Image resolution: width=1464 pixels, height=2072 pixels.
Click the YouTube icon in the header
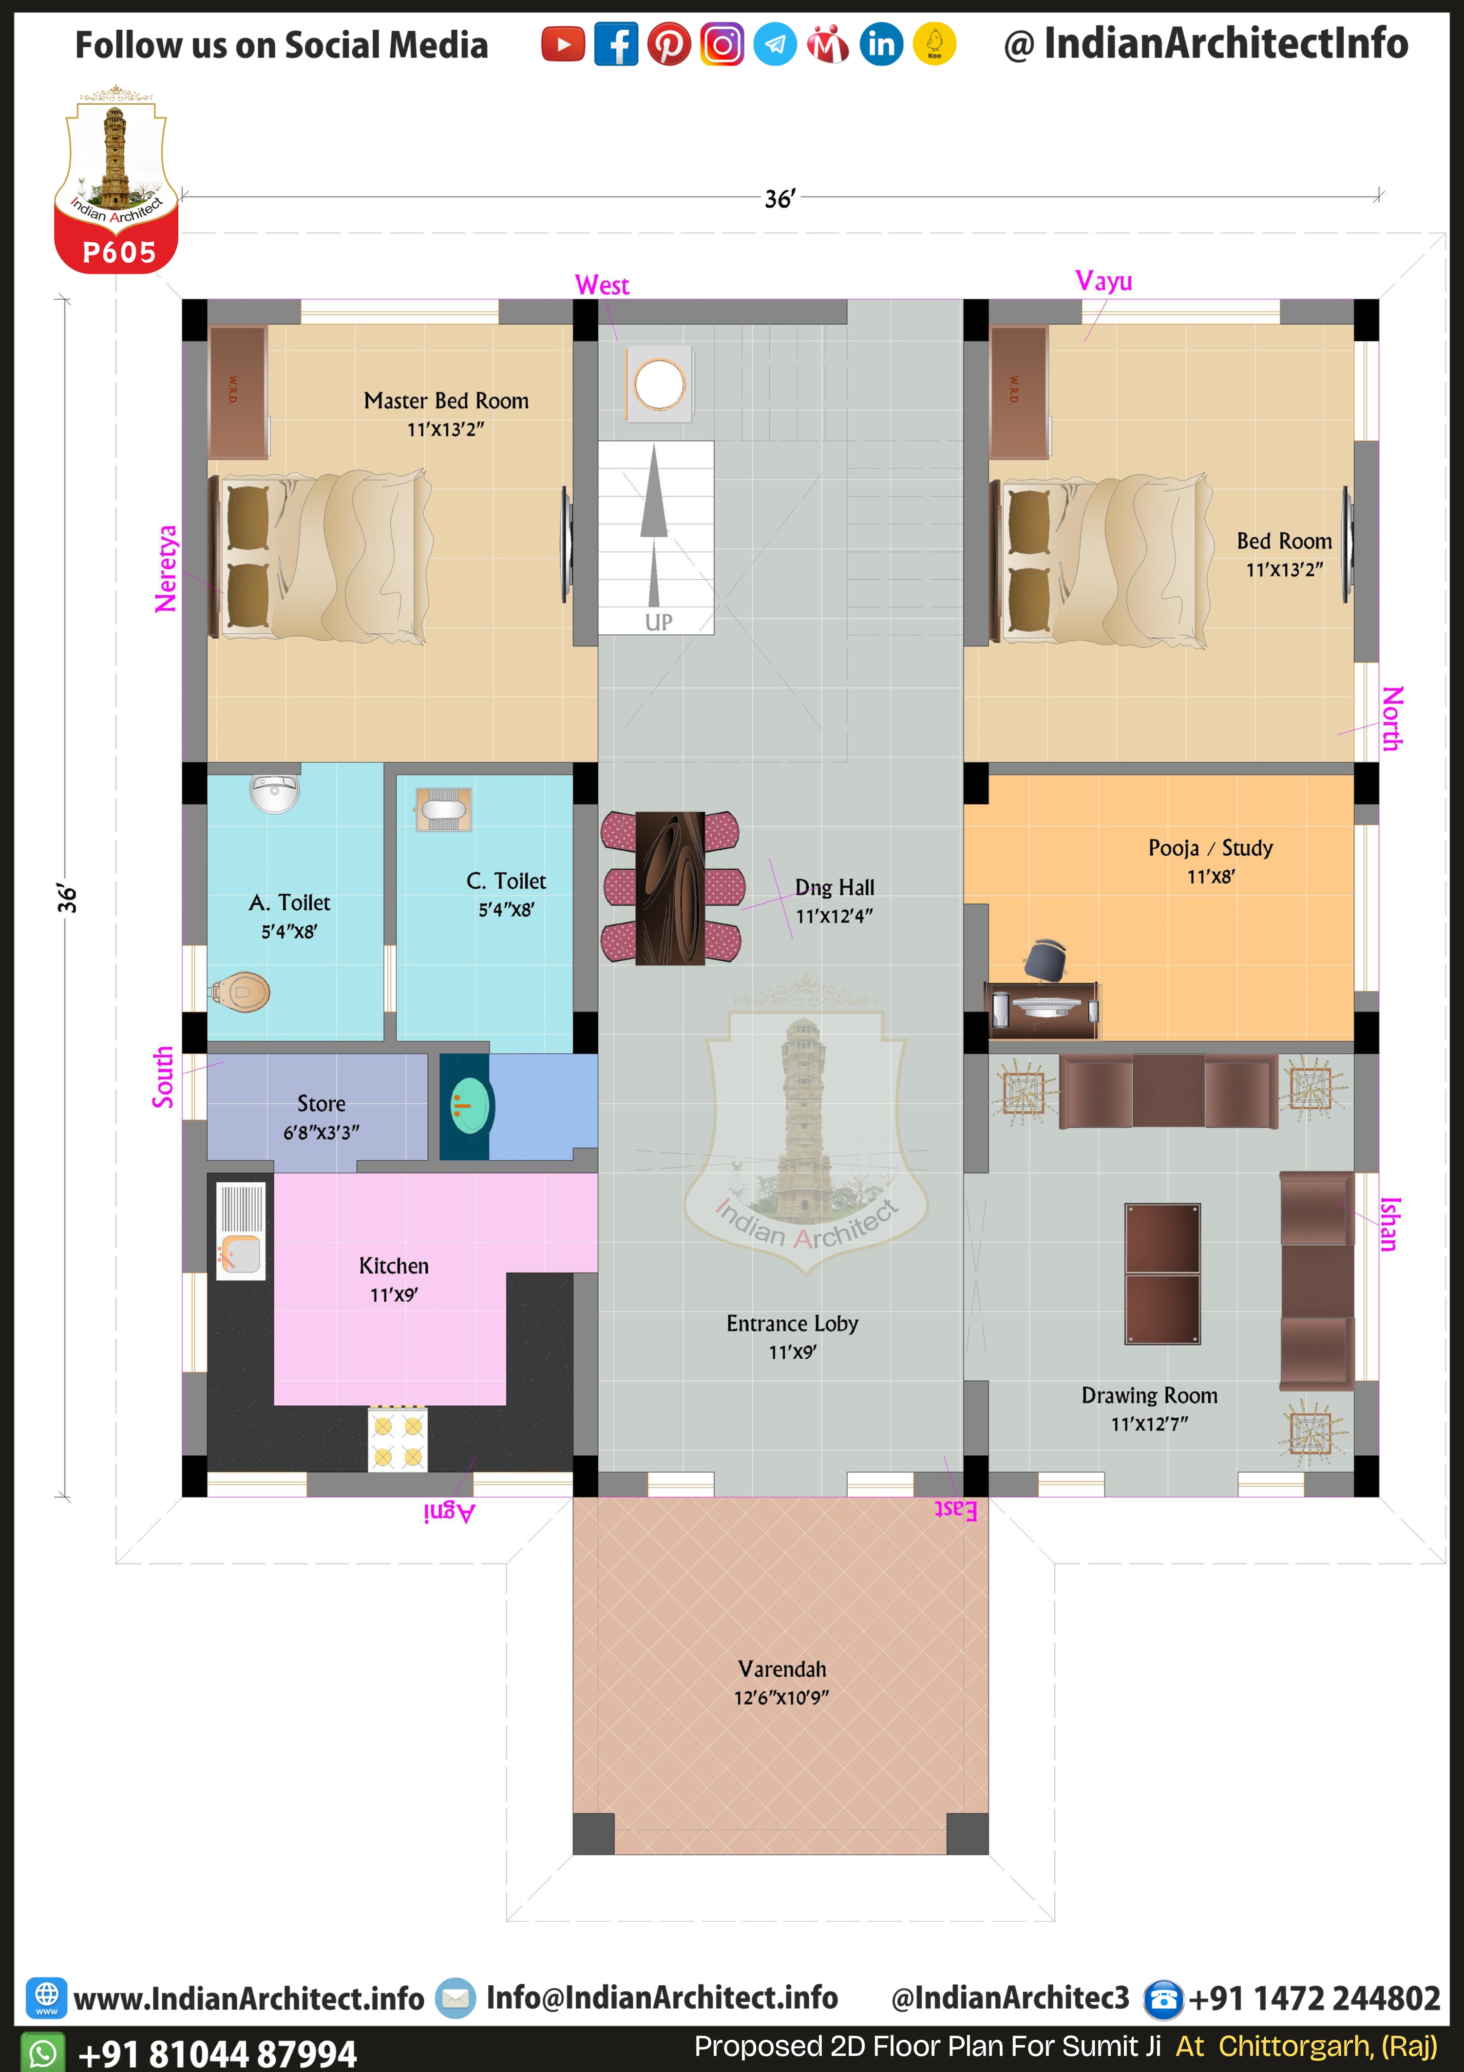(x=563, y=44)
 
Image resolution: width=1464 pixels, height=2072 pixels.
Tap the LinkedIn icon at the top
(x=881, y=44)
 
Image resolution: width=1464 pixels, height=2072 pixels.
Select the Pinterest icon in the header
(x=669, y=44)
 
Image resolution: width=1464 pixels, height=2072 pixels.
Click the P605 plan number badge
(x=119, y=252)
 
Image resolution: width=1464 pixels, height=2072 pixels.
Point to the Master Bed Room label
(x=446, y=401)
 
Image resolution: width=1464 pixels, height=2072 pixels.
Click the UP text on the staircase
(x=659, y=622)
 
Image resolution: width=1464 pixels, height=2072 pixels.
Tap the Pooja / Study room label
(x=1211, y=848)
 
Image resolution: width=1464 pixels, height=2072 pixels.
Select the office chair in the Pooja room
(x=1046, y=958)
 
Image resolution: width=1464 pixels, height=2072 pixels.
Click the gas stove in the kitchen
(x=398, y=1439)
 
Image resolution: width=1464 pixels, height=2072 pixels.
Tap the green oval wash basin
(x=470, y=1106)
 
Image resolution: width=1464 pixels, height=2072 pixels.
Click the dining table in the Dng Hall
(x=670, y=888)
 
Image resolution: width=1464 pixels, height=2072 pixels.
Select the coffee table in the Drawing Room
(x=1163, y=1273)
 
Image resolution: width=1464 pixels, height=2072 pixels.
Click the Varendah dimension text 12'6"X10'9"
(x=781, y=1698)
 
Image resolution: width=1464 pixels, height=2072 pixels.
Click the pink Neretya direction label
(x=166, y=568)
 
